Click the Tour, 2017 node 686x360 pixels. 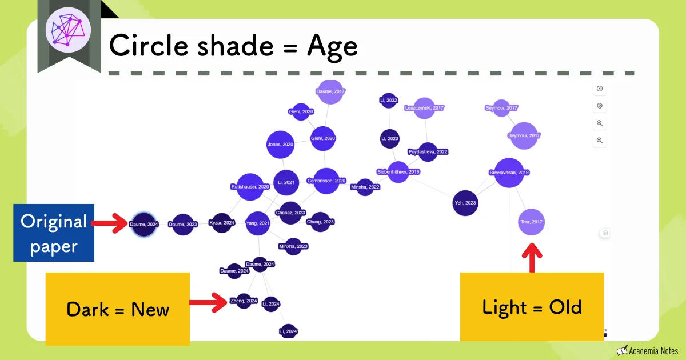tap(531, 222)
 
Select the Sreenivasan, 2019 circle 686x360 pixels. tap(509, 173)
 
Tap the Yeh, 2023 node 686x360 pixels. tap(465, 203)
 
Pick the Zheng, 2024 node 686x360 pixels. tap(244, 301)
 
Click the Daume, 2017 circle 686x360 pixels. tap(331, 91)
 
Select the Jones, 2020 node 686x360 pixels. tap(280, 145)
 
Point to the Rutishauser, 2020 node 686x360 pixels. tap(250, 187)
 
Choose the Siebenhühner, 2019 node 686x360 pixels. tap(398, 171)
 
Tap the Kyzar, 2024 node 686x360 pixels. tap(221, 223)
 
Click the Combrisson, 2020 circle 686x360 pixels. tap(326, 181)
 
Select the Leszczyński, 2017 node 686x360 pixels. tap(424, 107)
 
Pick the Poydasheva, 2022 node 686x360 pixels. tap(428, 152)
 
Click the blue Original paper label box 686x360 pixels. tap(54, 233)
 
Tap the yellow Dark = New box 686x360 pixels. tap(117, 309)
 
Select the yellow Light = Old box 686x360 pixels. tap(532, 307)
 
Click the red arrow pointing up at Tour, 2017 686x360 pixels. tap(532, 258)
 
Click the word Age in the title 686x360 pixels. tap(332, 46)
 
